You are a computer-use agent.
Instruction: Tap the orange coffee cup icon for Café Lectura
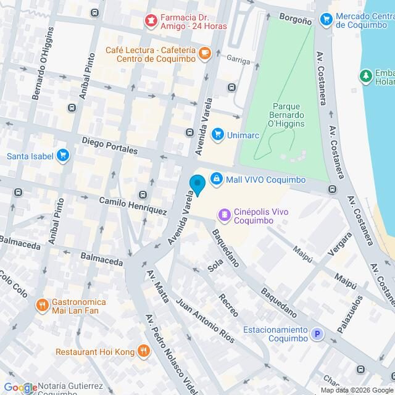pos(205,54)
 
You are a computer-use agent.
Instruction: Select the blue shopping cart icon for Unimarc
pos(217,133)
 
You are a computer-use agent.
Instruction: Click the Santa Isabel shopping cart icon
pos(62,155)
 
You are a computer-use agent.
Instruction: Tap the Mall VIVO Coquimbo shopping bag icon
pos(216,180)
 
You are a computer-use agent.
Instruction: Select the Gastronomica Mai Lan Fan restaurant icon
pos(42,304)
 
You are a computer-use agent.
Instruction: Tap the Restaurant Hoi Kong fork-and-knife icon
pos(143,351)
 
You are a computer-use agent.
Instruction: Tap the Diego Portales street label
pos(110,146)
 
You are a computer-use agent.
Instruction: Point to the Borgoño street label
pos(295,20)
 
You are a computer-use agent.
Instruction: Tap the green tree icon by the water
pos(366,76)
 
